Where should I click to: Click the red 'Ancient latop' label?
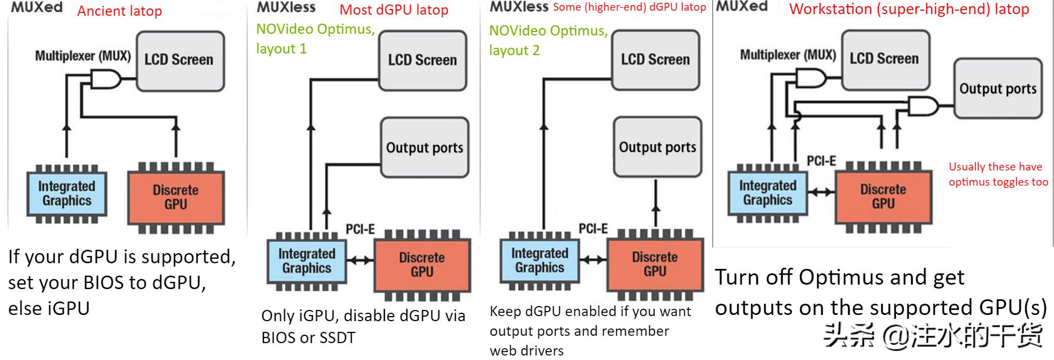click(x=119, y=11)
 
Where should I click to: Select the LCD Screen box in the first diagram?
click(x=180, y=61)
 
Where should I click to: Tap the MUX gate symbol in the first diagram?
click(x=106, y=79)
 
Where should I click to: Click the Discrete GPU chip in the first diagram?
click(x=176, y=197)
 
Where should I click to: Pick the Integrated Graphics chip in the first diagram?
click(x=67, y=193)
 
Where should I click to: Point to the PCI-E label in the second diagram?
click(x=360, y=229)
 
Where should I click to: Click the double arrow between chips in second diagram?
click(x=360, y=260)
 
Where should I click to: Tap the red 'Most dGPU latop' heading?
click(x=394, y=10)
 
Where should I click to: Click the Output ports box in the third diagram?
click(x=657, y=147)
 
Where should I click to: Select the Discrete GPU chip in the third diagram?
click(x=655, y=264)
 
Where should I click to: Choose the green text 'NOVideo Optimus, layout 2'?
click(x=548, y=40)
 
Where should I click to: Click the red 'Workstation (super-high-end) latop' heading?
click(x=909, y=9)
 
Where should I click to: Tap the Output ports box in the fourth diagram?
click(x=998, y=89)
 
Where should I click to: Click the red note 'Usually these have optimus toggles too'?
click(x=998, y=174)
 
